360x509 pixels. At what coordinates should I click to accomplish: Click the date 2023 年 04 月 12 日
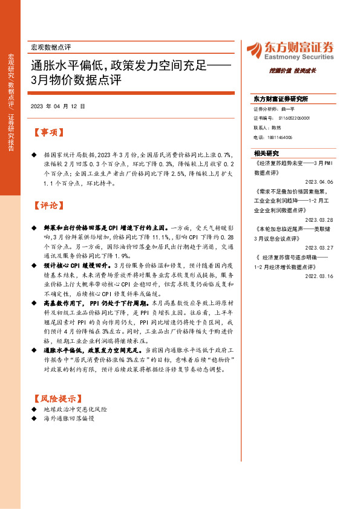(x=57, y=106)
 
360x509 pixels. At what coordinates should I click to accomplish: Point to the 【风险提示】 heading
(x=56, y=399)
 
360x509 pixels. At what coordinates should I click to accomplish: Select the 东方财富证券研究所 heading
(x=281, y=99)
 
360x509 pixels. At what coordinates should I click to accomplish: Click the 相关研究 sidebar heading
(x=266, y=154)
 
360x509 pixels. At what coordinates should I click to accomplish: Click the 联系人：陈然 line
(x=267, y=128)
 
